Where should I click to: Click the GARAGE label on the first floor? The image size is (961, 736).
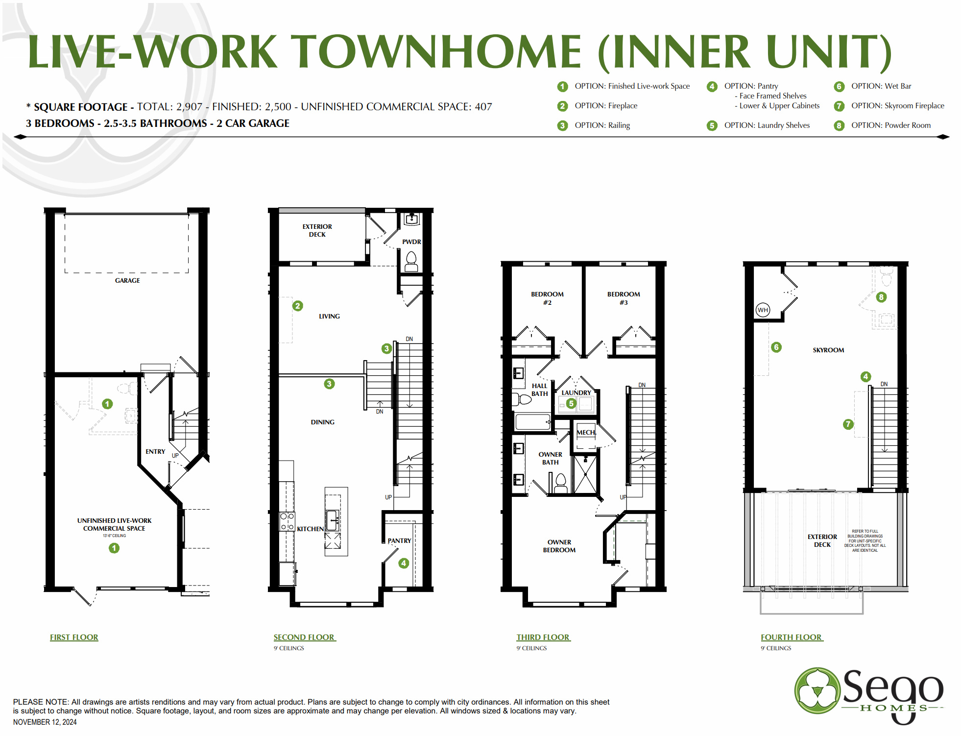pos(127,280)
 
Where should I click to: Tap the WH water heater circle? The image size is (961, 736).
pos(763,310)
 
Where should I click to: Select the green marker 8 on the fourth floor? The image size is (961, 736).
pos(881,297)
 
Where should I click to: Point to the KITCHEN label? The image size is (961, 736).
pos(310,529)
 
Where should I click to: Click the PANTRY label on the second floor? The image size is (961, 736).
pos(399,540)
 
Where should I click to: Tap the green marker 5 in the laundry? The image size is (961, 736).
pos(571,403)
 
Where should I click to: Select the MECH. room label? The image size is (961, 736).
pos(586,432)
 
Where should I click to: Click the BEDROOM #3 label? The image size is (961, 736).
pos(624,298)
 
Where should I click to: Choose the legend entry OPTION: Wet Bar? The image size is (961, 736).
pos(881,86)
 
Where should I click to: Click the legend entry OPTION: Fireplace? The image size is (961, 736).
pos(605,106)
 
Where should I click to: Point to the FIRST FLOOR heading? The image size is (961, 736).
pos(74,637)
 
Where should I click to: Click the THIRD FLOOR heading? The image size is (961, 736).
pos(543,637)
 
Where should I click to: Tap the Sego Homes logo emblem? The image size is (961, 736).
pos(817,690)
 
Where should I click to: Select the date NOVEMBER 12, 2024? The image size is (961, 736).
pos(45,722)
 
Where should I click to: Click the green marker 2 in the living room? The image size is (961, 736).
pos(297,306)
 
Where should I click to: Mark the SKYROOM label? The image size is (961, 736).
pos(828,350)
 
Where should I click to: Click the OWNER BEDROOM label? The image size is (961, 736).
pos(559,546)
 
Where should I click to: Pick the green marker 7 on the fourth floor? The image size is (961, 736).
pos(848,424)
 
